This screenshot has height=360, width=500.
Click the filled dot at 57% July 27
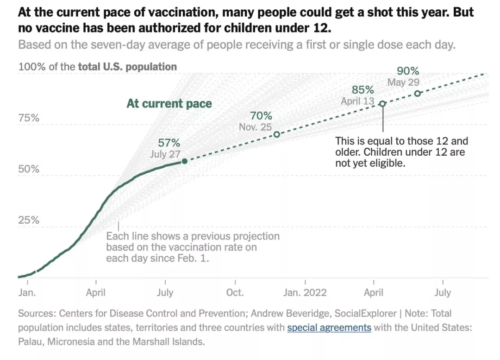pos(185,161)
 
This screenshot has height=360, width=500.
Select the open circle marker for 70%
pos(277,134)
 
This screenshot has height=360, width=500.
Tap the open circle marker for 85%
pos(382,104)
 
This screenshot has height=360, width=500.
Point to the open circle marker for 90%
pos(417,94)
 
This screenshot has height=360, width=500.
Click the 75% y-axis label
pos(29,118)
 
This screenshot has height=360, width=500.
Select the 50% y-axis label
pos(29,169)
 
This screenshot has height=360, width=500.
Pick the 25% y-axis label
pos(29,220)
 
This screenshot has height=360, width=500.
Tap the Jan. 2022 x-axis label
pos(305,293)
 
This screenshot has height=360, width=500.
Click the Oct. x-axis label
pos(235,293)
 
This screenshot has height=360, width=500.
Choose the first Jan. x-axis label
pos(28,293)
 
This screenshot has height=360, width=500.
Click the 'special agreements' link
pos(329,328)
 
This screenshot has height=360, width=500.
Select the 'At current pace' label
pos(169,103)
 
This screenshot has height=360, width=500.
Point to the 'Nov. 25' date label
pos(255,127)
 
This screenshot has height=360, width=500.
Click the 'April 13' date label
pos(357,101)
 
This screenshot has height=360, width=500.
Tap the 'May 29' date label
pos(403,82)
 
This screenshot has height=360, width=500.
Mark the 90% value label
pos(408,71)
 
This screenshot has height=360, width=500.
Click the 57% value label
pos(169,143)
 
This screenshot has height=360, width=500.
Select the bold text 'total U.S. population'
pos(127,67)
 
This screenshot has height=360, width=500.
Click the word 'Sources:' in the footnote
pos(37,313)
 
